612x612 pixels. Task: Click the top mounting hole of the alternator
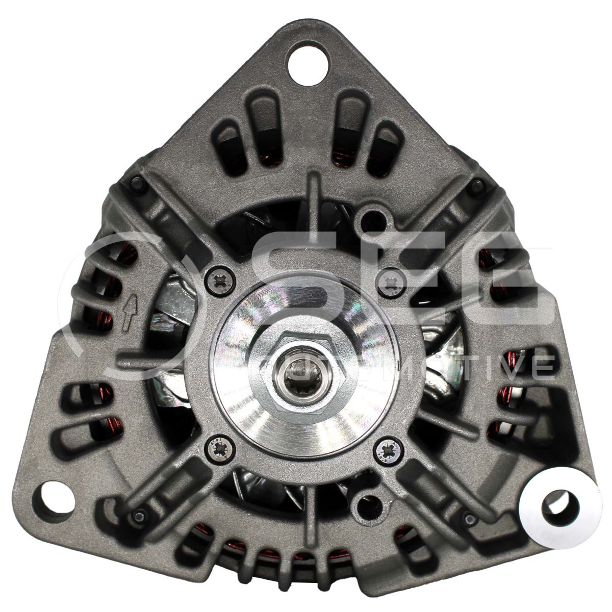click(x=307, y=64)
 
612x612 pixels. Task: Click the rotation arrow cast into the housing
click(x=129, y=312)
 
